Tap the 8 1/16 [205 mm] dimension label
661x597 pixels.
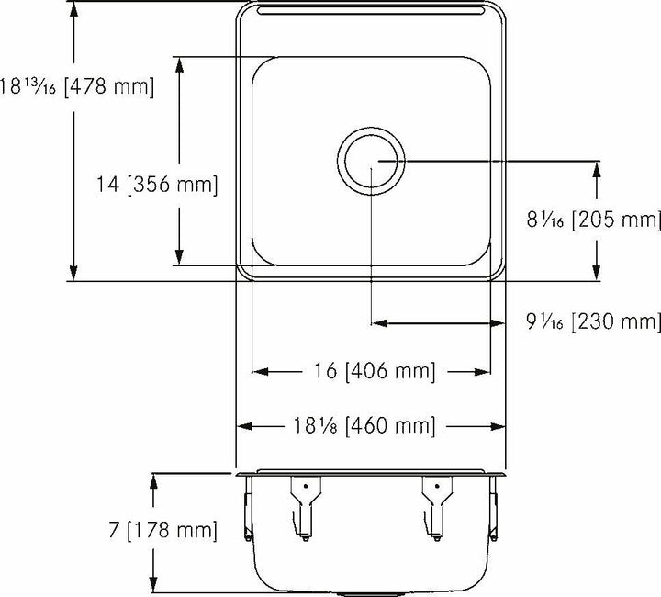tap(593, 220)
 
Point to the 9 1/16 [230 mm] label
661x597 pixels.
tap(593, 322)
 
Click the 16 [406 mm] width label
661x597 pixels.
tap(370, 372)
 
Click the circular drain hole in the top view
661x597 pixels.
tap(371, 160)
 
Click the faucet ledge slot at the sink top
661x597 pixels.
tap(371, 11)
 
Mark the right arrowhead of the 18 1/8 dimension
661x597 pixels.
tap(501, 426)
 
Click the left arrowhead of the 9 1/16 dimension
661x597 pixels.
tap(376, 323)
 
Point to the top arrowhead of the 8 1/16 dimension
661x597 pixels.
tap(599, 167)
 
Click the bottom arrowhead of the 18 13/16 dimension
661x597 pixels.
tap(73, 274)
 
